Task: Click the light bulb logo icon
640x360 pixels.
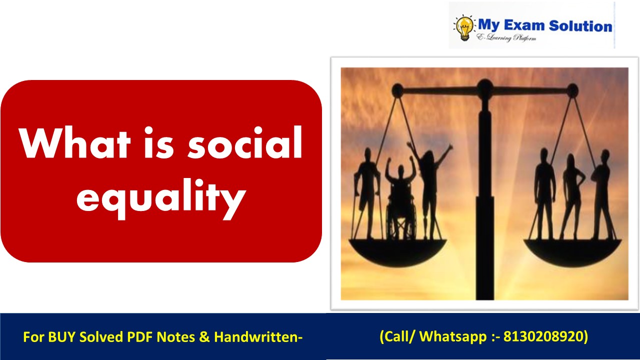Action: pyautogui.click(x=464, y=28)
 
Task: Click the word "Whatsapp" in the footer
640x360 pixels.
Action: pyautogui.click(x=452, y=336)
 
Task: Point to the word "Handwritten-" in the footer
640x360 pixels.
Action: pyautogui.click(x=258, y=337)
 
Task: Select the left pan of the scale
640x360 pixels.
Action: pyautogui.click(x=397, y=250)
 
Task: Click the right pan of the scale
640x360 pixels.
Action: pyautogui.click(x=572, y=250)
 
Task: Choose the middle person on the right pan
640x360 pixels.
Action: pyautogui.click(x=572, y=195)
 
